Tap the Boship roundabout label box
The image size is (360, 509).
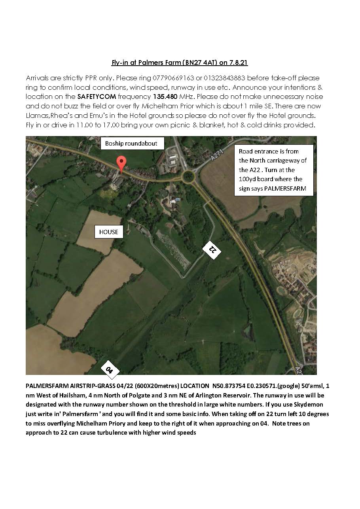click(131, 144)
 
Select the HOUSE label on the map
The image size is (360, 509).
click(109, 232)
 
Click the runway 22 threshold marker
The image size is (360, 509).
click(212, 249)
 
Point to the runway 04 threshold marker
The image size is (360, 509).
click(110, 370)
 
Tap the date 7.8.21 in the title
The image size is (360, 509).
click(239, 62)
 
